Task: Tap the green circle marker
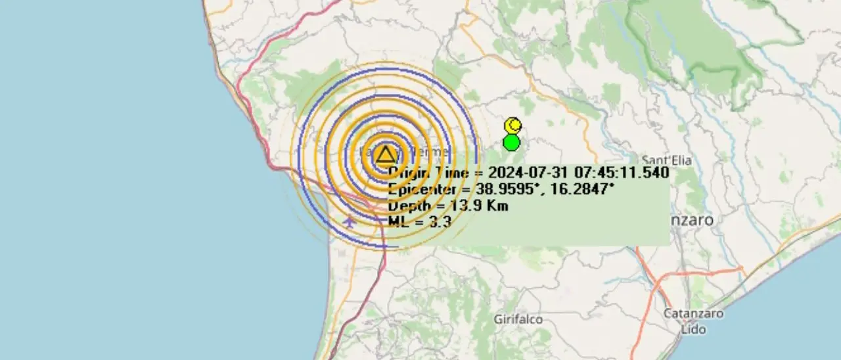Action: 511,143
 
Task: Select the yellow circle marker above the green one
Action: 513,125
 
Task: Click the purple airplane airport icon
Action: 350,221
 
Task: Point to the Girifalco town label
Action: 518,319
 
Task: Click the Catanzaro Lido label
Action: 693,321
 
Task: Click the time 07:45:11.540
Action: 620,173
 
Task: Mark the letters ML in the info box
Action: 398,222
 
